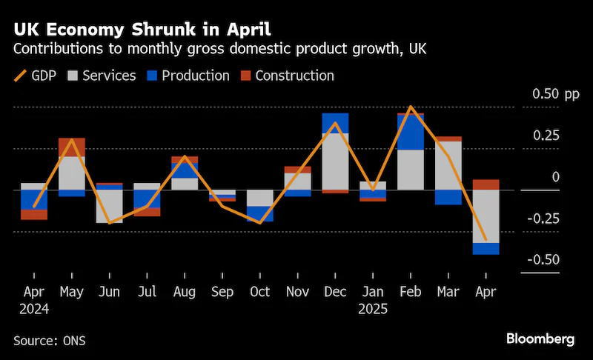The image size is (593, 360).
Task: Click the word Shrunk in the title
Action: [163, 30]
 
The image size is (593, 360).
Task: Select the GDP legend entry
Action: [35, 76]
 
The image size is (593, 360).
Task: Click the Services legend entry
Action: [102, 76]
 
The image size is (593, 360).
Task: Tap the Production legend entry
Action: [188, 76]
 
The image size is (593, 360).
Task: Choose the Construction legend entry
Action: [288, 76]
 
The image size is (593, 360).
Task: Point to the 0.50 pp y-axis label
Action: [555, 94]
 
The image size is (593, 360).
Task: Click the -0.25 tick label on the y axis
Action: [543, 219]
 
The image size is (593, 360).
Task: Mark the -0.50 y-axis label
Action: [543, 259]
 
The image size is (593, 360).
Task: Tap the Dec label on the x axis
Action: [335, 292]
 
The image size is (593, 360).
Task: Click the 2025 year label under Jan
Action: [373, 309]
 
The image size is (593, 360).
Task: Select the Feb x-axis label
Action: [411, 292]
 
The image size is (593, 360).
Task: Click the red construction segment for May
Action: [72, 147]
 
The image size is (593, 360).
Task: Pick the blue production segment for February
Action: [411, 132]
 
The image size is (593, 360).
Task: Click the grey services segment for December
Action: [336, 161]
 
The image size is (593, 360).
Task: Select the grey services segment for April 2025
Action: [486, 216]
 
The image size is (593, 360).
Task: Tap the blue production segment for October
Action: [260, 214]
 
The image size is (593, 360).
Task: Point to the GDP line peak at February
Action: [411, 107]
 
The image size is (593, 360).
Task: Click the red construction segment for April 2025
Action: [486, 184]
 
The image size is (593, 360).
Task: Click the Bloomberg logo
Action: [540, 339]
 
